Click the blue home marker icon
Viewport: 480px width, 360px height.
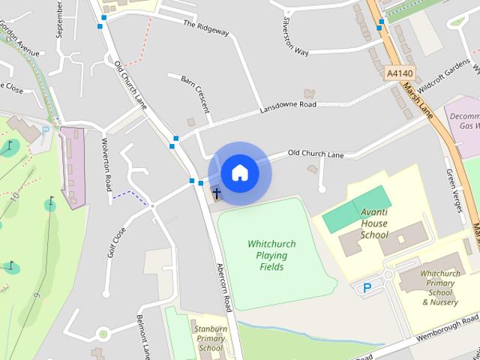(240, 172)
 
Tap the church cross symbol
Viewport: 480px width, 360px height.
(217, 193)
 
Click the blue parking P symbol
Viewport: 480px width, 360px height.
(367, 287)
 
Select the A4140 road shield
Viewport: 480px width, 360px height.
(399, 73)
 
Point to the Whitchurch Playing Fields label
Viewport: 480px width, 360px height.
(262, 256)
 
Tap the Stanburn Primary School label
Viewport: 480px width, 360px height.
(209, 338)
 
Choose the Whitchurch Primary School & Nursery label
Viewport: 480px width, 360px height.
(440, 288)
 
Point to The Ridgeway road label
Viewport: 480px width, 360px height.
(205, 27)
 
